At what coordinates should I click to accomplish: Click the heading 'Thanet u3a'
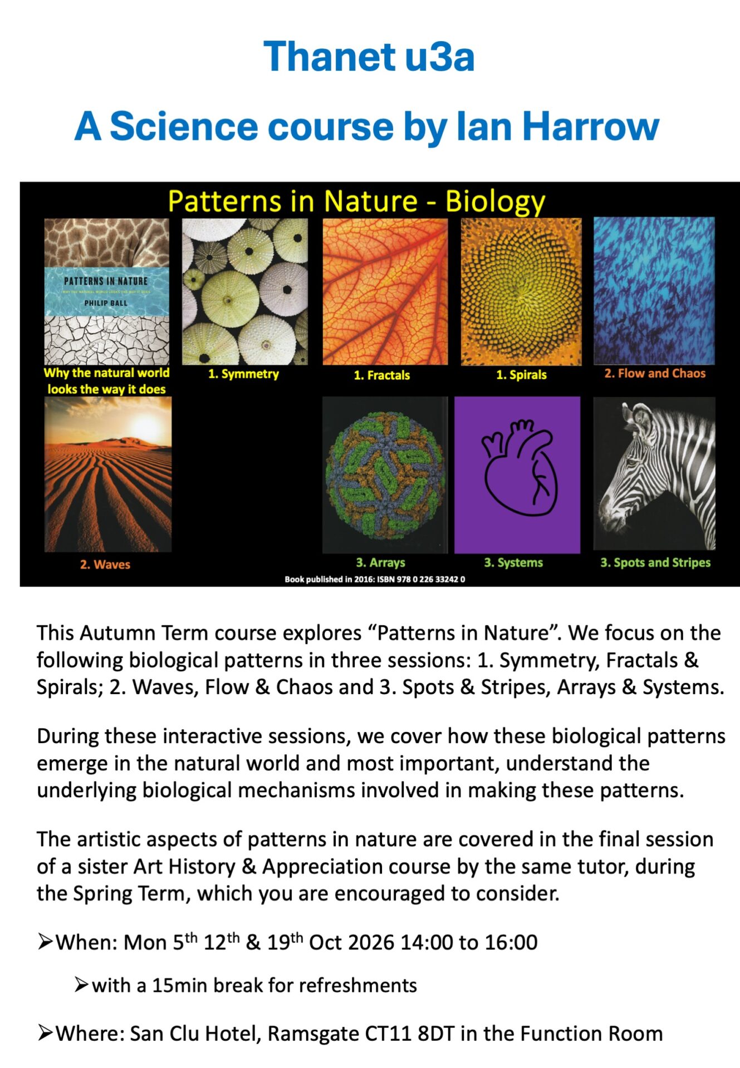pyautogui.click(x=369, y=56)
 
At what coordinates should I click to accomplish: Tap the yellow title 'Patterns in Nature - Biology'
pyautogui.click(x=356, y=201)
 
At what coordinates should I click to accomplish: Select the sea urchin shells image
pyautogui.click(x=244, y=291)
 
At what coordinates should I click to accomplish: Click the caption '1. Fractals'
pyautogui.click(x=382, y=375)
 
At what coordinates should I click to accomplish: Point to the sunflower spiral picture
pyautogui.click(x=521, y=291)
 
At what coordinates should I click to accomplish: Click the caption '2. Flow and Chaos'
pyautogui.click(x=655, y=373)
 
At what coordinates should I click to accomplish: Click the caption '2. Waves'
pyautogui.click(x=105, y=565)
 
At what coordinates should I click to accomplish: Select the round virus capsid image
pyautogui.click(x=385, y=475)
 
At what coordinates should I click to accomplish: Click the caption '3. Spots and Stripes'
pyautogui.click(x=655, y=562)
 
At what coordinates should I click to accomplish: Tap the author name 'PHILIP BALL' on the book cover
pyautogui.click(x=106, y=303)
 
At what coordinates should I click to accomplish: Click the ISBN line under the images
pyautogui.click(x=375, y=579)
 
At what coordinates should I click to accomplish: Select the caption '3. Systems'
pyautogui.click(x=513, y=562)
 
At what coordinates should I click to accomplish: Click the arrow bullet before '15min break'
pyautogui.click(x=81, y=985)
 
